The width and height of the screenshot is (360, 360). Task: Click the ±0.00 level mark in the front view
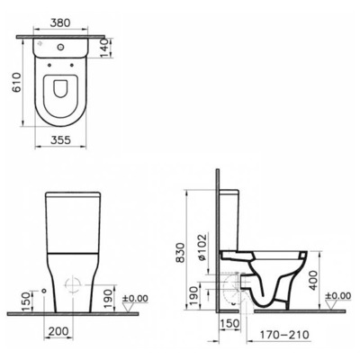pos(138,297)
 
